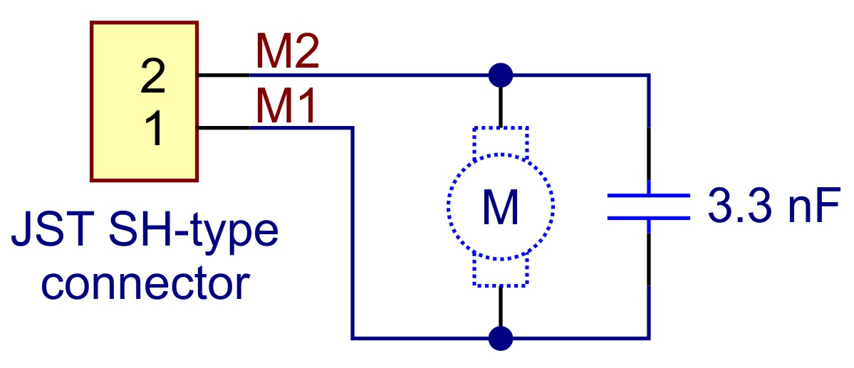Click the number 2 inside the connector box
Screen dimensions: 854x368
[153, 78]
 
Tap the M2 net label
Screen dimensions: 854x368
[287, 54]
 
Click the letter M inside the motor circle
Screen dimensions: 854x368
[501, 207]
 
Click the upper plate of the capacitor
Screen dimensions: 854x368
[648, 194]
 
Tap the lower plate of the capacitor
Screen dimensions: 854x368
[648, 218]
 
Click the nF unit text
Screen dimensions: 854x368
[808, 207]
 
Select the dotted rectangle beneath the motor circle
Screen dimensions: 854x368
[501, 273]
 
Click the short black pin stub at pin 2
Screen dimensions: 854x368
[223, 75]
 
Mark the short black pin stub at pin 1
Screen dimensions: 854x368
[223, 128]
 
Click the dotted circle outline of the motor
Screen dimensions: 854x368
[449, 206]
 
